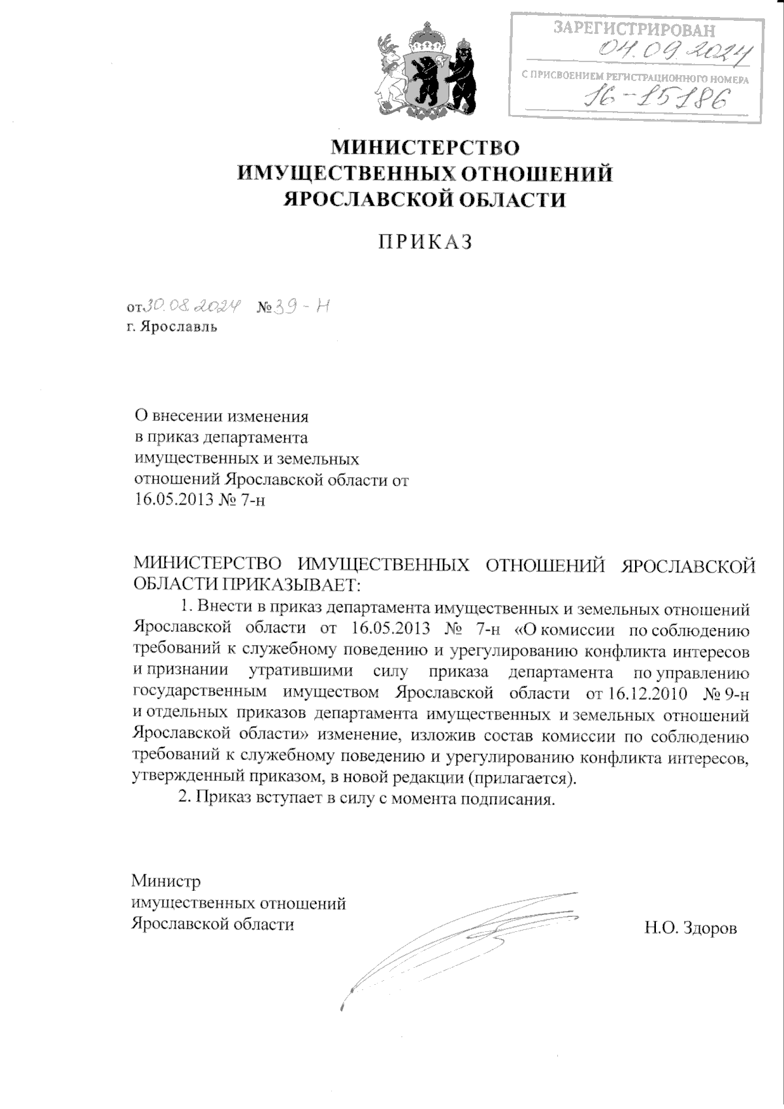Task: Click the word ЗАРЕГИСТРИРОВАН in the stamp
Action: point(634,29)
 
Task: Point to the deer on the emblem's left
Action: point(391,72)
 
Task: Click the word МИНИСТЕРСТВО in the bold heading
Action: point(425,147)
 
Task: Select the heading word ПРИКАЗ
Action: point(425,242)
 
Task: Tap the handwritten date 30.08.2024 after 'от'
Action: point(193,305)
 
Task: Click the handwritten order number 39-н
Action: point(301,305)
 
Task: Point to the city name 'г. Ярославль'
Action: point(172,327)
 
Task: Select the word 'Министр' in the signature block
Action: point(166,881)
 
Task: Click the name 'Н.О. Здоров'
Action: point(691,927)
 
